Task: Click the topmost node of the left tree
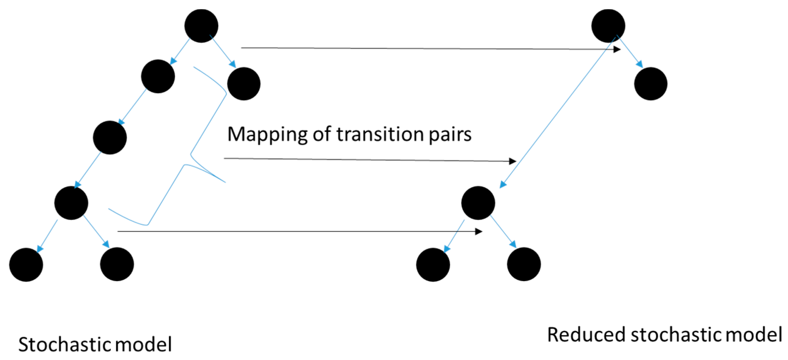tap(201, 26)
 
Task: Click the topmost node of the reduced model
tap(608, 26)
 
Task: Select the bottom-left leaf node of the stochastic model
tap(26, 265)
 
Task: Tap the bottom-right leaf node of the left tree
tap(117, 264)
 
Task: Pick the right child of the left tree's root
tap(244, 84)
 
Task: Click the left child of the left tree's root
tap(158, 76)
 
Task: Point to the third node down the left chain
tap(109, 137)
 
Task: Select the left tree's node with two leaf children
tap(71, 203)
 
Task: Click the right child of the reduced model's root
tap(651, 84)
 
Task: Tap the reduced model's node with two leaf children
tap(478, 203)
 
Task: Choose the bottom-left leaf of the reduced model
tap(433, 265)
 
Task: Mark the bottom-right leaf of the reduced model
tap(524, 264)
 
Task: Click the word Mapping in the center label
tap(267, 135)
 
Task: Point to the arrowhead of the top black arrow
tap(617, 49)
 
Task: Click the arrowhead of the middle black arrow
tap(513, 161)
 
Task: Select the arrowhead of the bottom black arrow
tap(479, 231)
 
